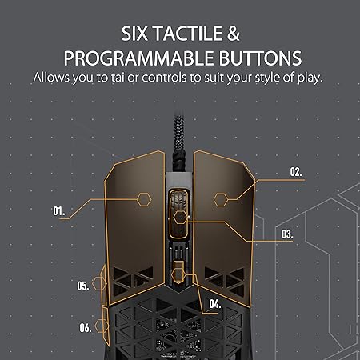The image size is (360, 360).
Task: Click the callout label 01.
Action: click(x=58, y=211)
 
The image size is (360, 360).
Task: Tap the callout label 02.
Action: click(x=296, y=172)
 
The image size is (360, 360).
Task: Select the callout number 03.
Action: click(x=287, y=234)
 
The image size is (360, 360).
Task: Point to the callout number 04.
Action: click(x=215, y=303)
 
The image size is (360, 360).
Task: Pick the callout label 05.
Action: click(x=83, y=286)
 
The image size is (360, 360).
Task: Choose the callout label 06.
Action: click(x=86, y=327)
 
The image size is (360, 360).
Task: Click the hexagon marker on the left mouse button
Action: click(x=144, y=199)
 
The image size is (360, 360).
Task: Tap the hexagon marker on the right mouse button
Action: click(x=221, y=199)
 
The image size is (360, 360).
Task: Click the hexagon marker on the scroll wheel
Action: click(x=180, y=218)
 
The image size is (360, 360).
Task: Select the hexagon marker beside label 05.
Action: click(x=99, y=283)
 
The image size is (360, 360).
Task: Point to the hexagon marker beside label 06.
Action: click(x=102, y=326)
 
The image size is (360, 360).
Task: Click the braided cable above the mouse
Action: click(x=178, y=142)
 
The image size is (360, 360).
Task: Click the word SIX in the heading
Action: click(x=134, y=34)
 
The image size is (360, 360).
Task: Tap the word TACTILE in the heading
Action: click(x=188, y=34)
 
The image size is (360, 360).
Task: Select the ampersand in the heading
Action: click(x=234, y=34)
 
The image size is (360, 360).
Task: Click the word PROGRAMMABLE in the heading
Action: click(x=138, y=58)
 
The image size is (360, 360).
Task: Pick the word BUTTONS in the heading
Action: click(x=260, y=58)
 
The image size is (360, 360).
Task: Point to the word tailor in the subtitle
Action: click(x=125, y=78)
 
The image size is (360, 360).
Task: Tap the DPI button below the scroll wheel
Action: click(x=178, y=272)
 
